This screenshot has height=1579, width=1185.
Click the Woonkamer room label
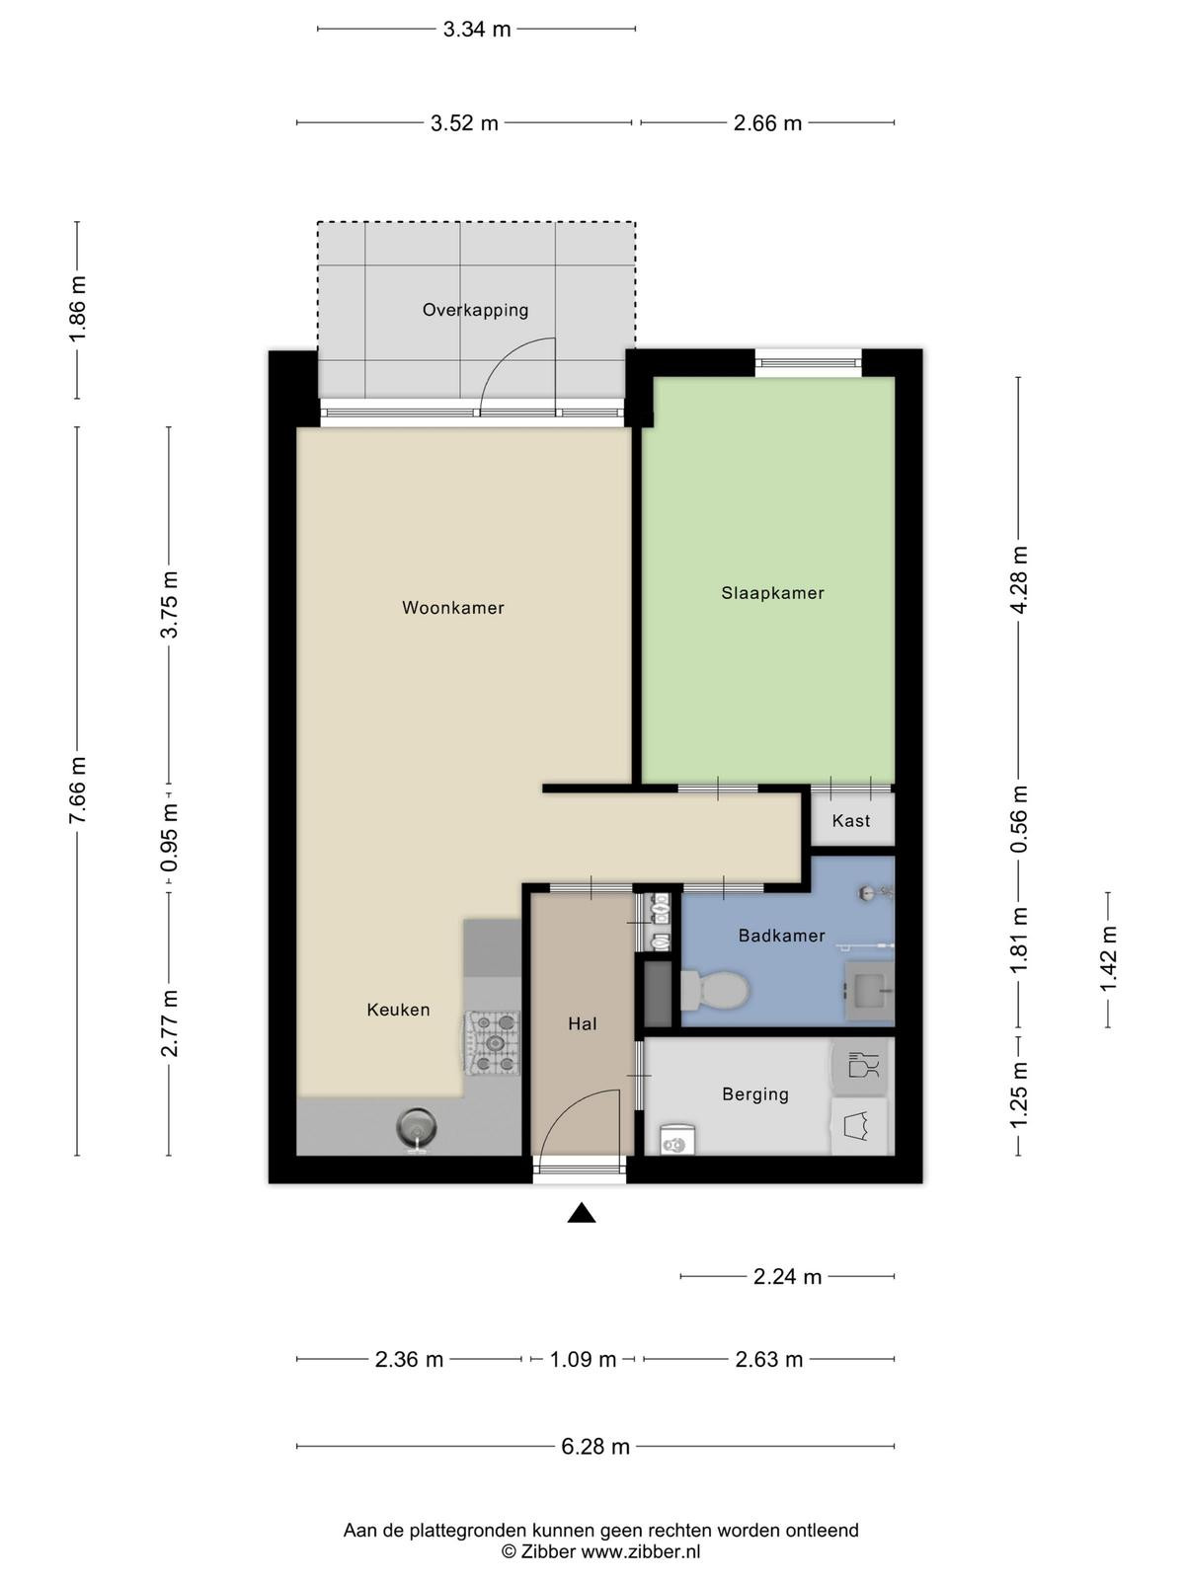pyautogui.click(x=452, y=608)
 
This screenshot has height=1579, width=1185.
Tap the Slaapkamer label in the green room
pyautogui.click(x=773, y=593)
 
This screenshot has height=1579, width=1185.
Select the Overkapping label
pyautogui.click(x=475, y=310)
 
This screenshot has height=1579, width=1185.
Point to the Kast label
pyautogui.click(x=851, y=821)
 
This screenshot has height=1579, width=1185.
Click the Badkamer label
pyautogui.click(x=781, y=936)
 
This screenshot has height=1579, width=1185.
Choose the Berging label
pyautogui.click(x=755, y=1094)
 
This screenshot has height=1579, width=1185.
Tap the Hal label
pyautogui.click(x=582, y=1023)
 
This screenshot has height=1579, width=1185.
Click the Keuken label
pyautogui.click(x=398, y=1010)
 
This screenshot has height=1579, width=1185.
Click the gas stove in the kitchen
pyautogui.click(x=492, y=1043)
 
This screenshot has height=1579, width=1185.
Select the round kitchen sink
pyautogui.click(x=417, y=1127)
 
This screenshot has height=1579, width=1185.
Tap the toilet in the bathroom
pyautogui.click(x=714, y=991)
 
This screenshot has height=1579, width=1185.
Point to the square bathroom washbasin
pyautogui.click(x=869, y=991)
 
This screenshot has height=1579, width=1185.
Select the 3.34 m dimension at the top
pyautogui.click(x=476, y=30)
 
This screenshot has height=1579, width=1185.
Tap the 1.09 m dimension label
pyautogui.click(x=583, y=1360)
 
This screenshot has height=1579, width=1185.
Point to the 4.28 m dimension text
pyautogui.click(x=1019, y=580)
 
